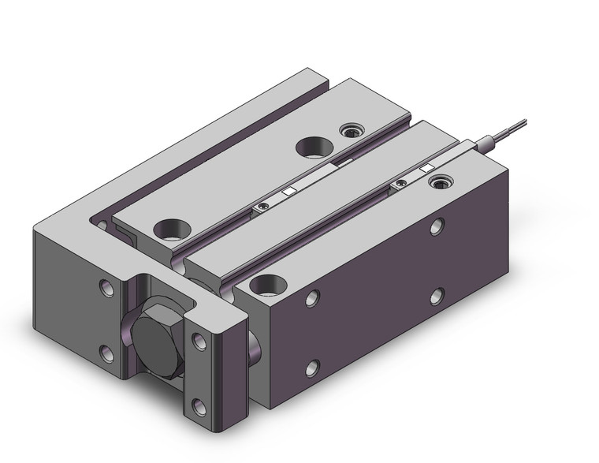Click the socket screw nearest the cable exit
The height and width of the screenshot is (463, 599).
(435, 184)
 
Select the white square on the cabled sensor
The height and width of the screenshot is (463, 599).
(426, 168)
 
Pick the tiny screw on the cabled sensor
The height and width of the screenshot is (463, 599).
(401, 185)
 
